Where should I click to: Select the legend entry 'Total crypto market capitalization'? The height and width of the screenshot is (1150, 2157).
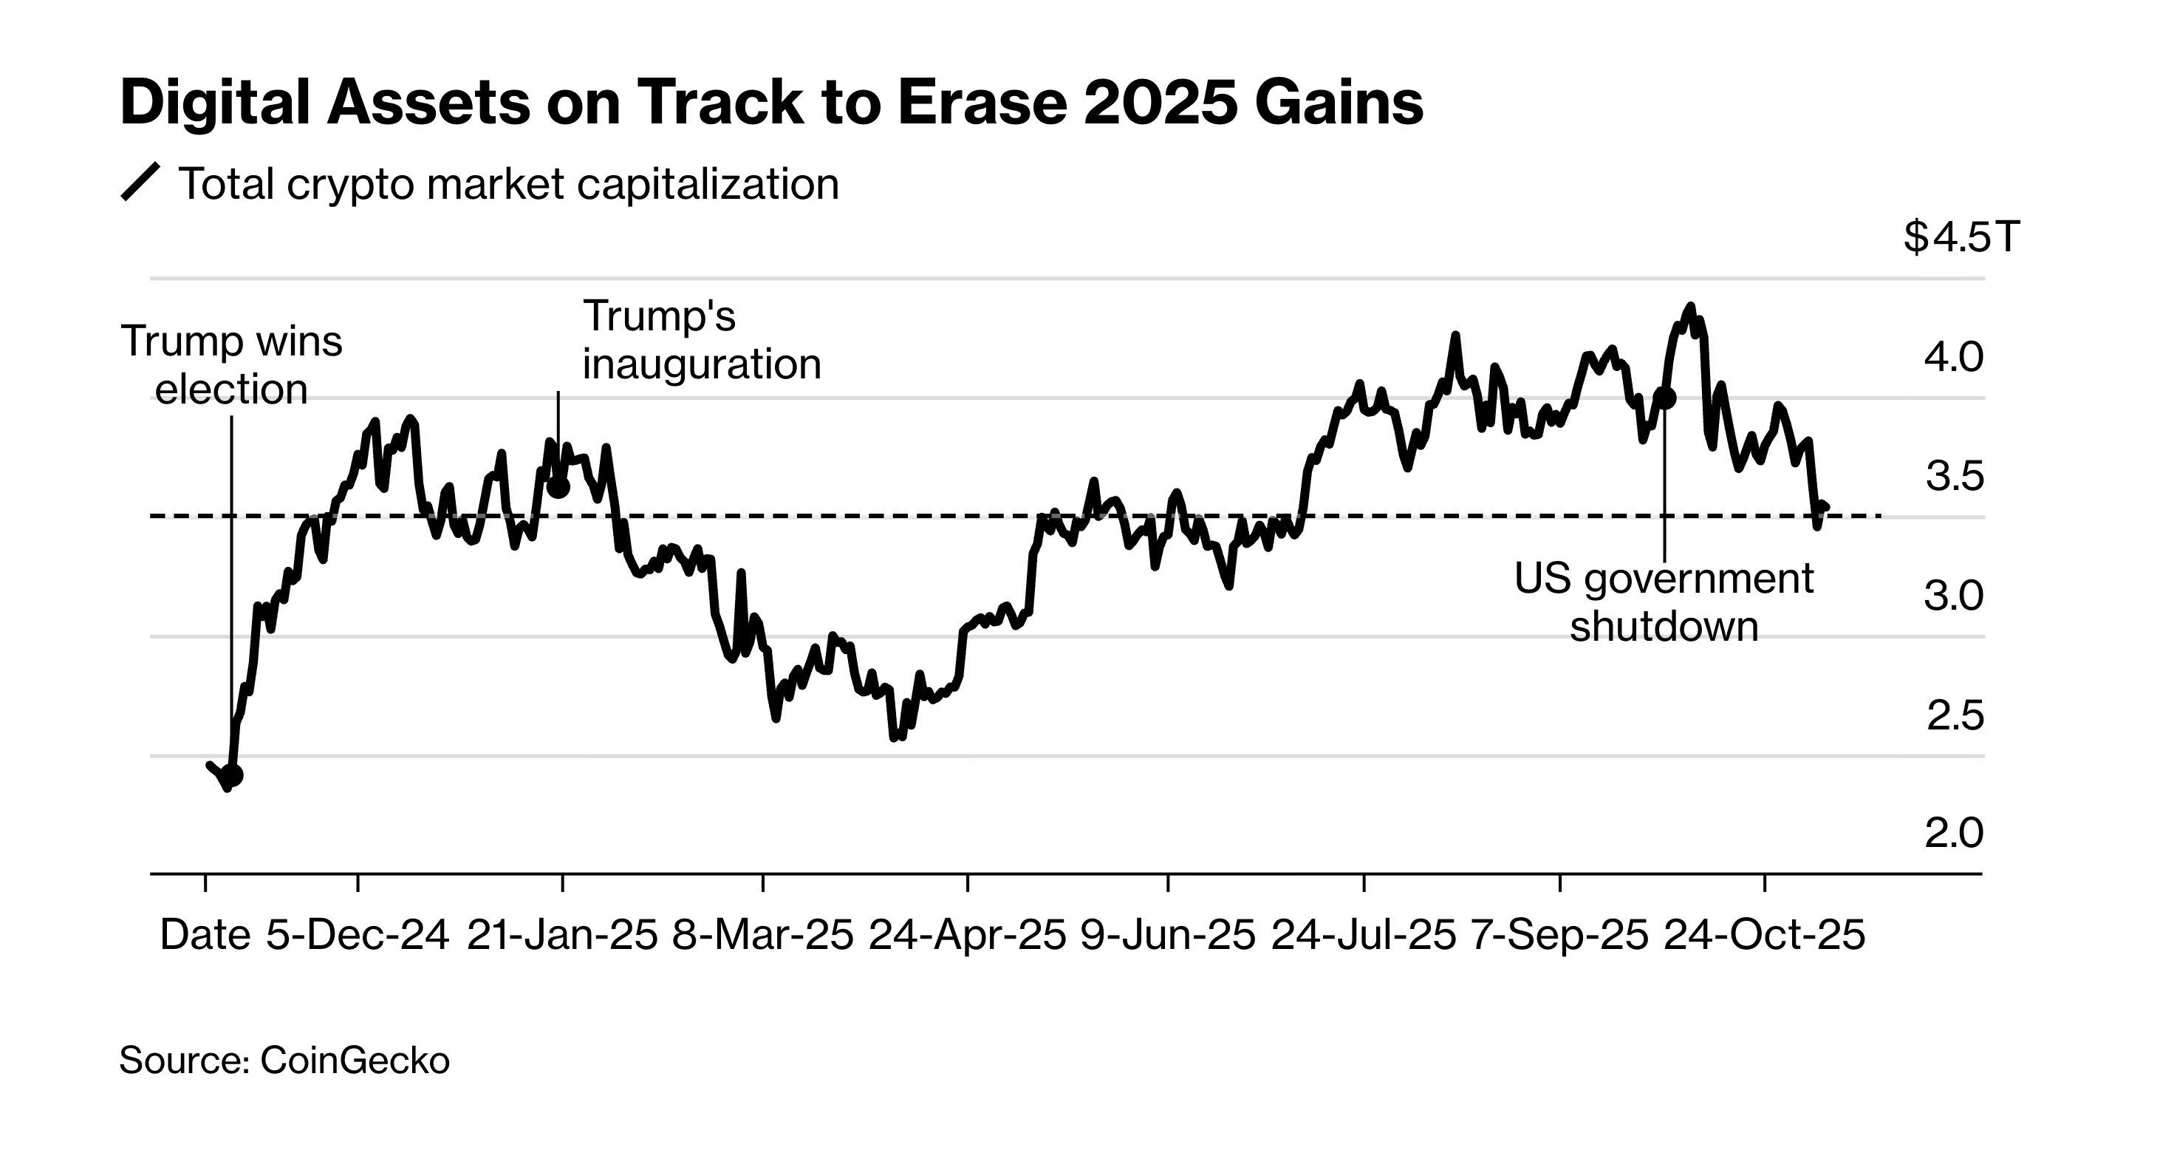[507, 183]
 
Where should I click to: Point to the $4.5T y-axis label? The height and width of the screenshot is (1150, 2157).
[1961, 237]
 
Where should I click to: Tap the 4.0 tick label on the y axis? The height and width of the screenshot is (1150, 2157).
[1954, 358]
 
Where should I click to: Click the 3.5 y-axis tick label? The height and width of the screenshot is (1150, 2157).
[1955, 477]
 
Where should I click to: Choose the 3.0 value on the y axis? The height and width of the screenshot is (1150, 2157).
[1954, 596]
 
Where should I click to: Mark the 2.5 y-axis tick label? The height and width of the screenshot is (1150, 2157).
[1955, 716]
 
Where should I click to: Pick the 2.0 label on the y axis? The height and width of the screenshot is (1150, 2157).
[1954, 834]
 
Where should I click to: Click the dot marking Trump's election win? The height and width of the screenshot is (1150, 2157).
[233, 775]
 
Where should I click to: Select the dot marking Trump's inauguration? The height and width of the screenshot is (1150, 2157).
[558, 486]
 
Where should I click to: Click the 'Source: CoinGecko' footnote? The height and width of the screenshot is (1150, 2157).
[284, 1061]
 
